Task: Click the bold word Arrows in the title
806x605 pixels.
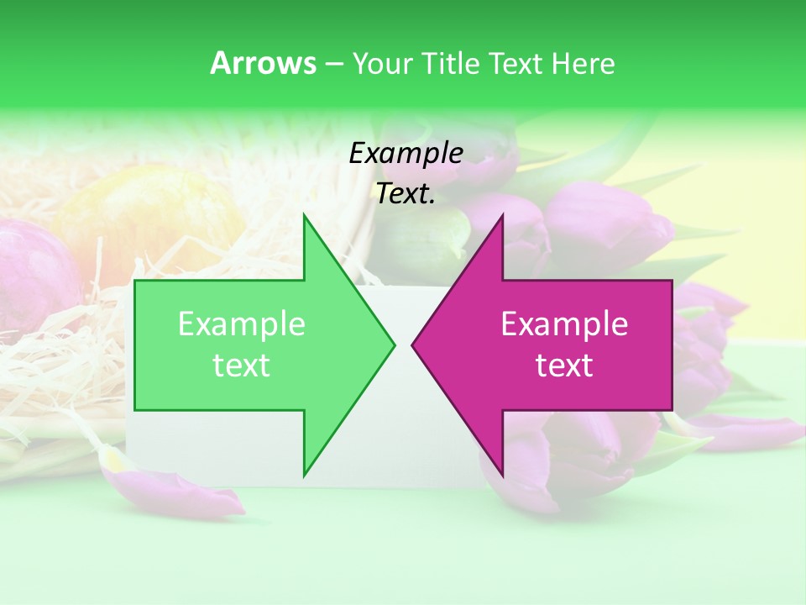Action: tap(263, 63)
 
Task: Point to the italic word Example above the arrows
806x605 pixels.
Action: tap(406, 153)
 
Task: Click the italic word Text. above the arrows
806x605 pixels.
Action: tap(406, 194)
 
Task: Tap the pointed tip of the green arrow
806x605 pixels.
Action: tap(394, 344)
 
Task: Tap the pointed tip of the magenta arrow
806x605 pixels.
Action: tap(412, 344)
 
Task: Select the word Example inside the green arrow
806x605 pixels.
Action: tap(242, 324)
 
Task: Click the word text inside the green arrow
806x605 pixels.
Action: tap(242, 366)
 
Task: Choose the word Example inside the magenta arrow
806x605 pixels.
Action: tap(564, 324)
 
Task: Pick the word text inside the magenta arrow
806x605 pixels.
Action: tap(564, 366)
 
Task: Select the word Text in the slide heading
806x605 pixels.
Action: tap(517, 64)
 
